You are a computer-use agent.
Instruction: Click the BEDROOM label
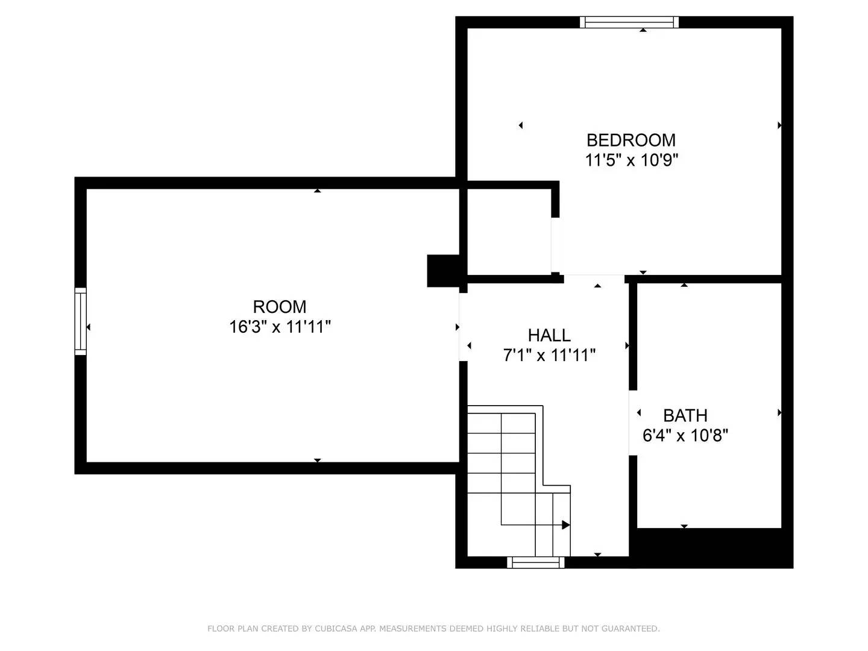pyautogui.click(x=631, y=140)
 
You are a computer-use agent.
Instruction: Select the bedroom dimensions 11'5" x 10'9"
pyautogui.click(x=631, y=160)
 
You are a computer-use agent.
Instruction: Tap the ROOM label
pyautogui.click(x=279, y=307)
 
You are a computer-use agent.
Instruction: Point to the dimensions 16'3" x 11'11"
pyautogui.click(x=280, y=327)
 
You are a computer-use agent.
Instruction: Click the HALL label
pyautogui.click(x=549, y=335)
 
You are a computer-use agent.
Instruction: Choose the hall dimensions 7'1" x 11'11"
pyautogui.click(x=549, y=356)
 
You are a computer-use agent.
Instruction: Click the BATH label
pyautogui.click(x=685, y=415)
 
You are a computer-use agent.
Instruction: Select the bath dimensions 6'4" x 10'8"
pyautogui.click(x=685, y=435)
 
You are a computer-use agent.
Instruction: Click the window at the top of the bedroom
pyautogui.click(x=629, y=22)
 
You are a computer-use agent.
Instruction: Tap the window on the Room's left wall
pyautogui.click(x=80, y=321)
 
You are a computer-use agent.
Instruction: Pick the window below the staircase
pyautogui.click(x=536, y=562)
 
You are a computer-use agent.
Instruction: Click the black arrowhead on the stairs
pyautogui.click(x=565, y=525)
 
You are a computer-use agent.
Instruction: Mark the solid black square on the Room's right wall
pyautogui.click(x=444, y=271)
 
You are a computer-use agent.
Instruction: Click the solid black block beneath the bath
pyautogui.click(x=711, y=548)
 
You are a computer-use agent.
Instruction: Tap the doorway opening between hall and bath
pyautogui.click(x=633, y=423)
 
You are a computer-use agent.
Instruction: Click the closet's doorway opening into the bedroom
pyautogui.click(x=555, y=245)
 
